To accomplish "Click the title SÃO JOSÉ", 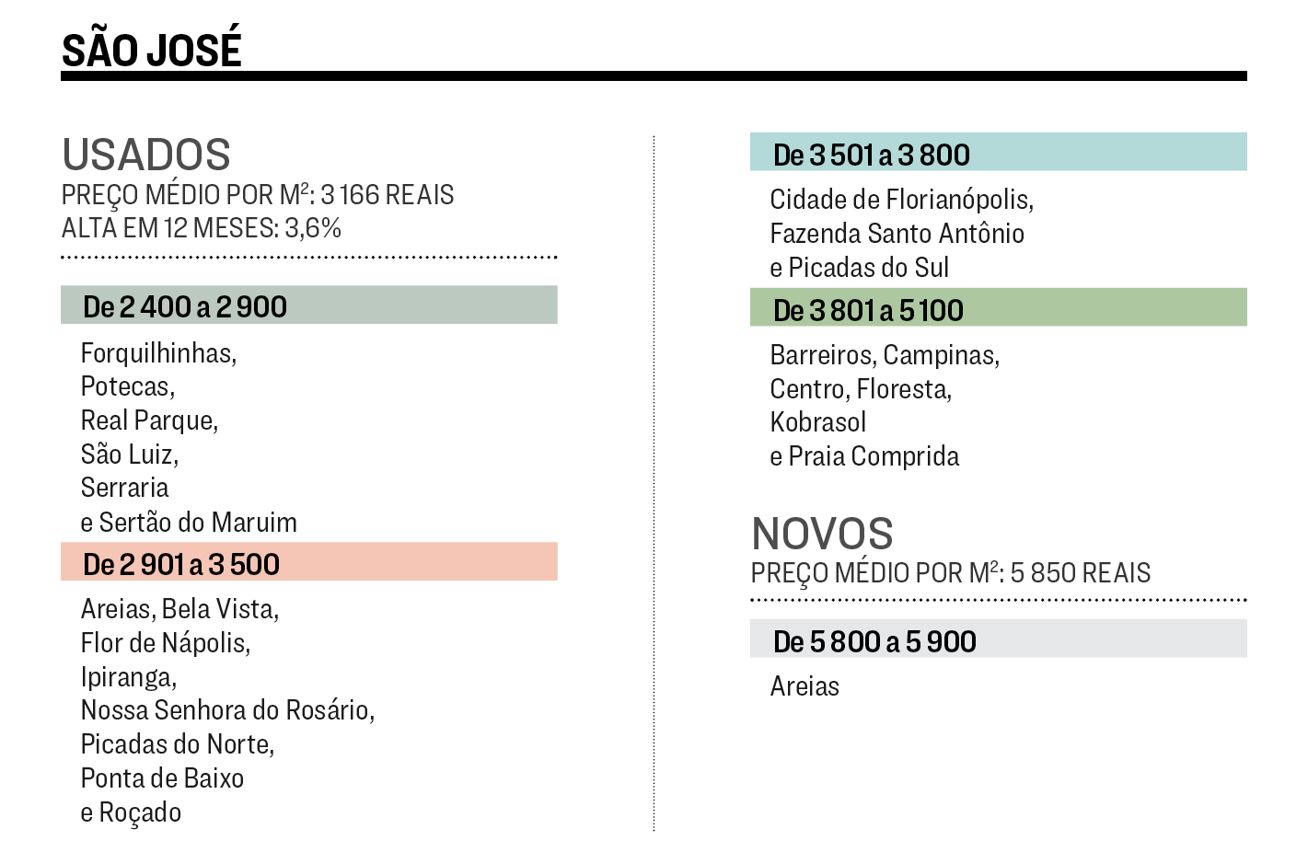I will click(152, 50).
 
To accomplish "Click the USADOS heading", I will click(146, 155).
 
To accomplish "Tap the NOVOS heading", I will click(822, 534).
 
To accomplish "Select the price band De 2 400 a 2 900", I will click(185, 306).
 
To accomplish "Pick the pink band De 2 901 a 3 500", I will click(181, 564).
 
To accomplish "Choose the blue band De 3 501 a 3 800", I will click(872, 155).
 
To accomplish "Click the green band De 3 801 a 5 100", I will click(868, 310).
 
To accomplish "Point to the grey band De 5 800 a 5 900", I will click(874, 641).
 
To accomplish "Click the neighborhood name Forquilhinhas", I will click(157, 353).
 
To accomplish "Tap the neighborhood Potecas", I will click(126, 386).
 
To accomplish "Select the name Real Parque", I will click(148, 420).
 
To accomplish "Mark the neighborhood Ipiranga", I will click(127, 677).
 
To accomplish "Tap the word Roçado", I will click(140, 812).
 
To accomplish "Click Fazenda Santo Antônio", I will click(897, 234).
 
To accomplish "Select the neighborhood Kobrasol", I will click(818, 422).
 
